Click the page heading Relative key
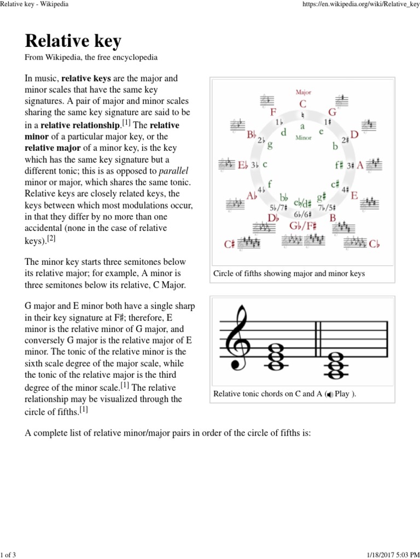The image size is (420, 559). click(73, 41)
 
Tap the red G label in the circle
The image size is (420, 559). click(332, 112)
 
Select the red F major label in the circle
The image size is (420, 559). click(273, 112)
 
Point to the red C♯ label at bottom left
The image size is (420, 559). click(230, 244)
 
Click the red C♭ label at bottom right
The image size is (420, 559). click(374, 244)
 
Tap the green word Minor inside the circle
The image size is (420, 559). click(304, 138)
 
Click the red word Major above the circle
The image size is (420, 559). click(304, 92)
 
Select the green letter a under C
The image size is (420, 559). click(302, 126)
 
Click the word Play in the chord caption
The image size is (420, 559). click(342, 394)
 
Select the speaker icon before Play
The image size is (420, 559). click(329, 394)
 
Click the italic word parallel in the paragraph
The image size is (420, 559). click(173, 171)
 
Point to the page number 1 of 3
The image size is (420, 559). click(8, 555)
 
